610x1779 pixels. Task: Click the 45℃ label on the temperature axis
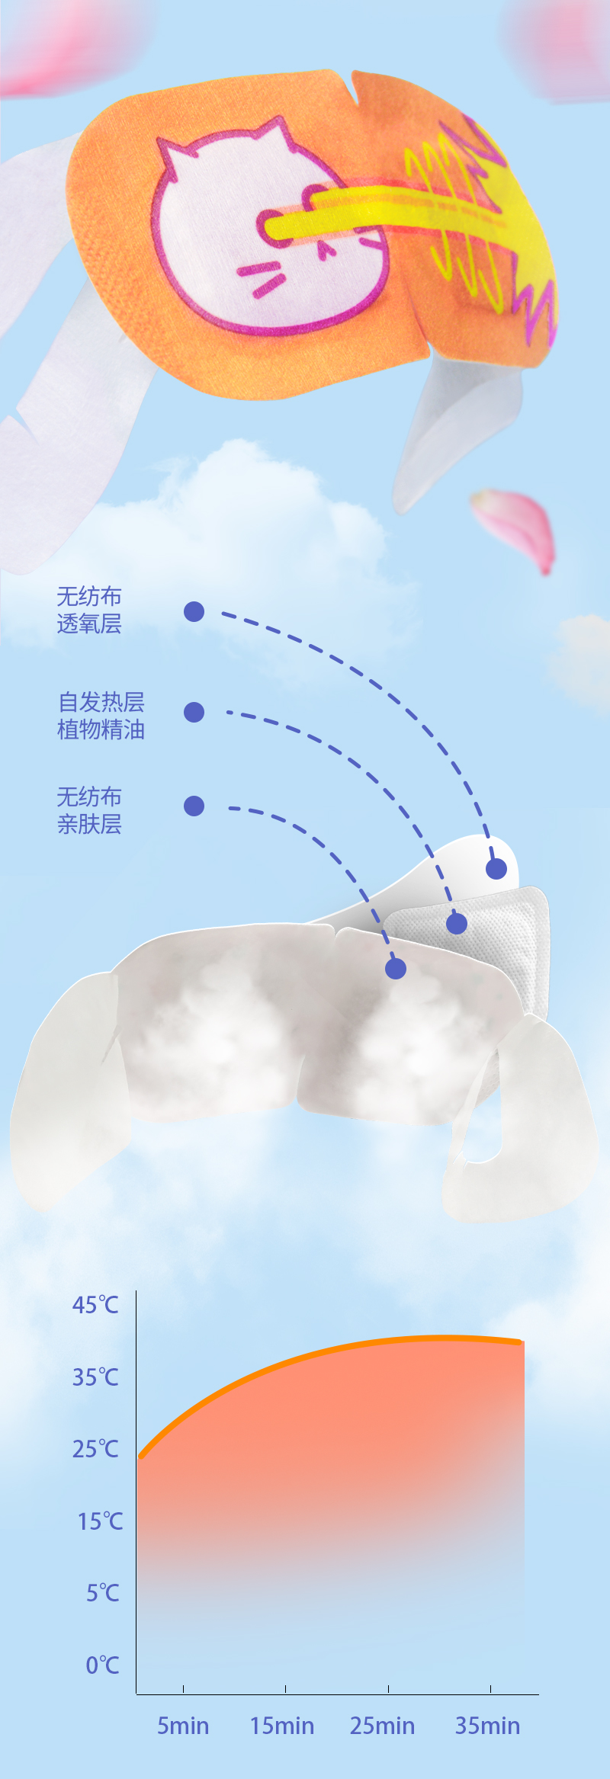(x=95, y=1305)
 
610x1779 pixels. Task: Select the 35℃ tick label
(x=95, y=1377)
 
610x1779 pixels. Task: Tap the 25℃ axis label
(x=95, y=1448)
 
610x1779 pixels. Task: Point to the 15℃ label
(x=100, y=1521)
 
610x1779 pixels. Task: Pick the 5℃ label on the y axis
(x=102, y=1593)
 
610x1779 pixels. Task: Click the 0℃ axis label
(x=102, y=1665)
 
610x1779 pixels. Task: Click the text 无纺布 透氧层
(x=89, y=611)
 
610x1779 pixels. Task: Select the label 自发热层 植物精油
(x=101, y=716)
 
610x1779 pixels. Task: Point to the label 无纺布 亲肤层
(x=89, y=810)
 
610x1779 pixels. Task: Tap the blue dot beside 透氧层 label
(x=194, y=611)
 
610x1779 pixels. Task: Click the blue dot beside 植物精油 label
(x=194, y=712)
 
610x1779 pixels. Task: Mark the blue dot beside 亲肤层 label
(x=194, y=806)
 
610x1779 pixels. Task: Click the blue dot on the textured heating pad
(x=457, y=924)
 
